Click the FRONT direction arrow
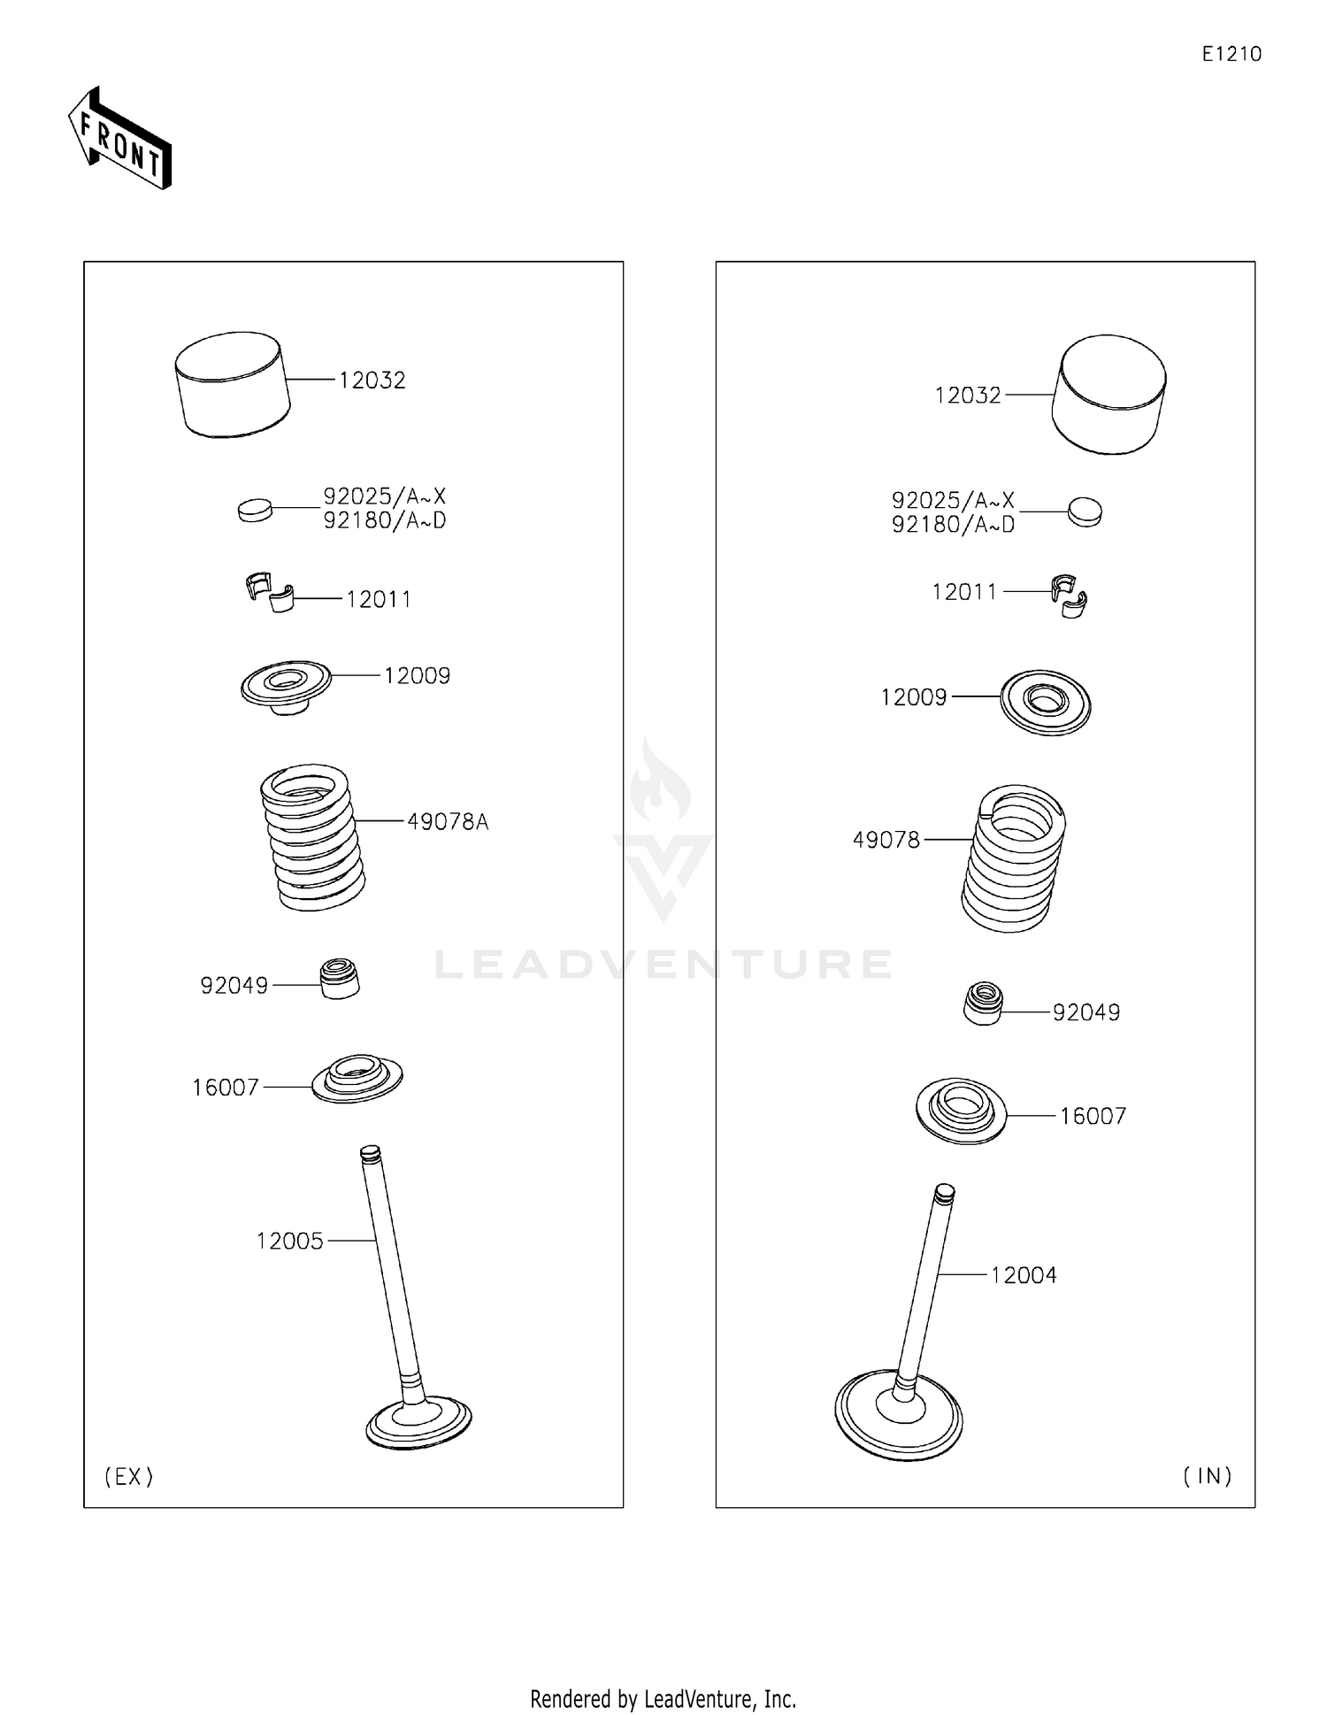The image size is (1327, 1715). coord(119,137)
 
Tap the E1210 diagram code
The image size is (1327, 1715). coord(1231,54)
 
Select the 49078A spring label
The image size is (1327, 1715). coord(448,821)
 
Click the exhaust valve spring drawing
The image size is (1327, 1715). coord(312,837)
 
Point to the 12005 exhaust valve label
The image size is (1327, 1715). coord(290,1241)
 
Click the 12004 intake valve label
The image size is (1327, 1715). coord(1024,1275)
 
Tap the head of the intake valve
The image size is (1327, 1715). coord(899,1414)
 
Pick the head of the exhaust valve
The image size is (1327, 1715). coord(418,1422)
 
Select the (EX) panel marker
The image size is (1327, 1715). coord(129,1476)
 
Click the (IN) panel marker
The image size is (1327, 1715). coord(1208,1476)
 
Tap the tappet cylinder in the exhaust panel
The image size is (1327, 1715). coord(233,384)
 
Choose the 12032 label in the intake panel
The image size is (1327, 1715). coord(968,395)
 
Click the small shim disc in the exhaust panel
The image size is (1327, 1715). coord(256,510)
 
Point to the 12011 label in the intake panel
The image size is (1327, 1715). coord(964,591)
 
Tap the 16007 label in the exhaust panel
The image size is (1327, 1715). coord(226,1087)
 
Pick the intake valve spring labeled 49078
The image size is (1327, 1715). coord(1014,858)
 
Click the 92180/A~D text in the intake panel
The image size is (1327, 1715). coord(954,525)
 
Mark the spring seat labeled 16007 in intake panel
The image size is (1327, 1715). coord(961,1111)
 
